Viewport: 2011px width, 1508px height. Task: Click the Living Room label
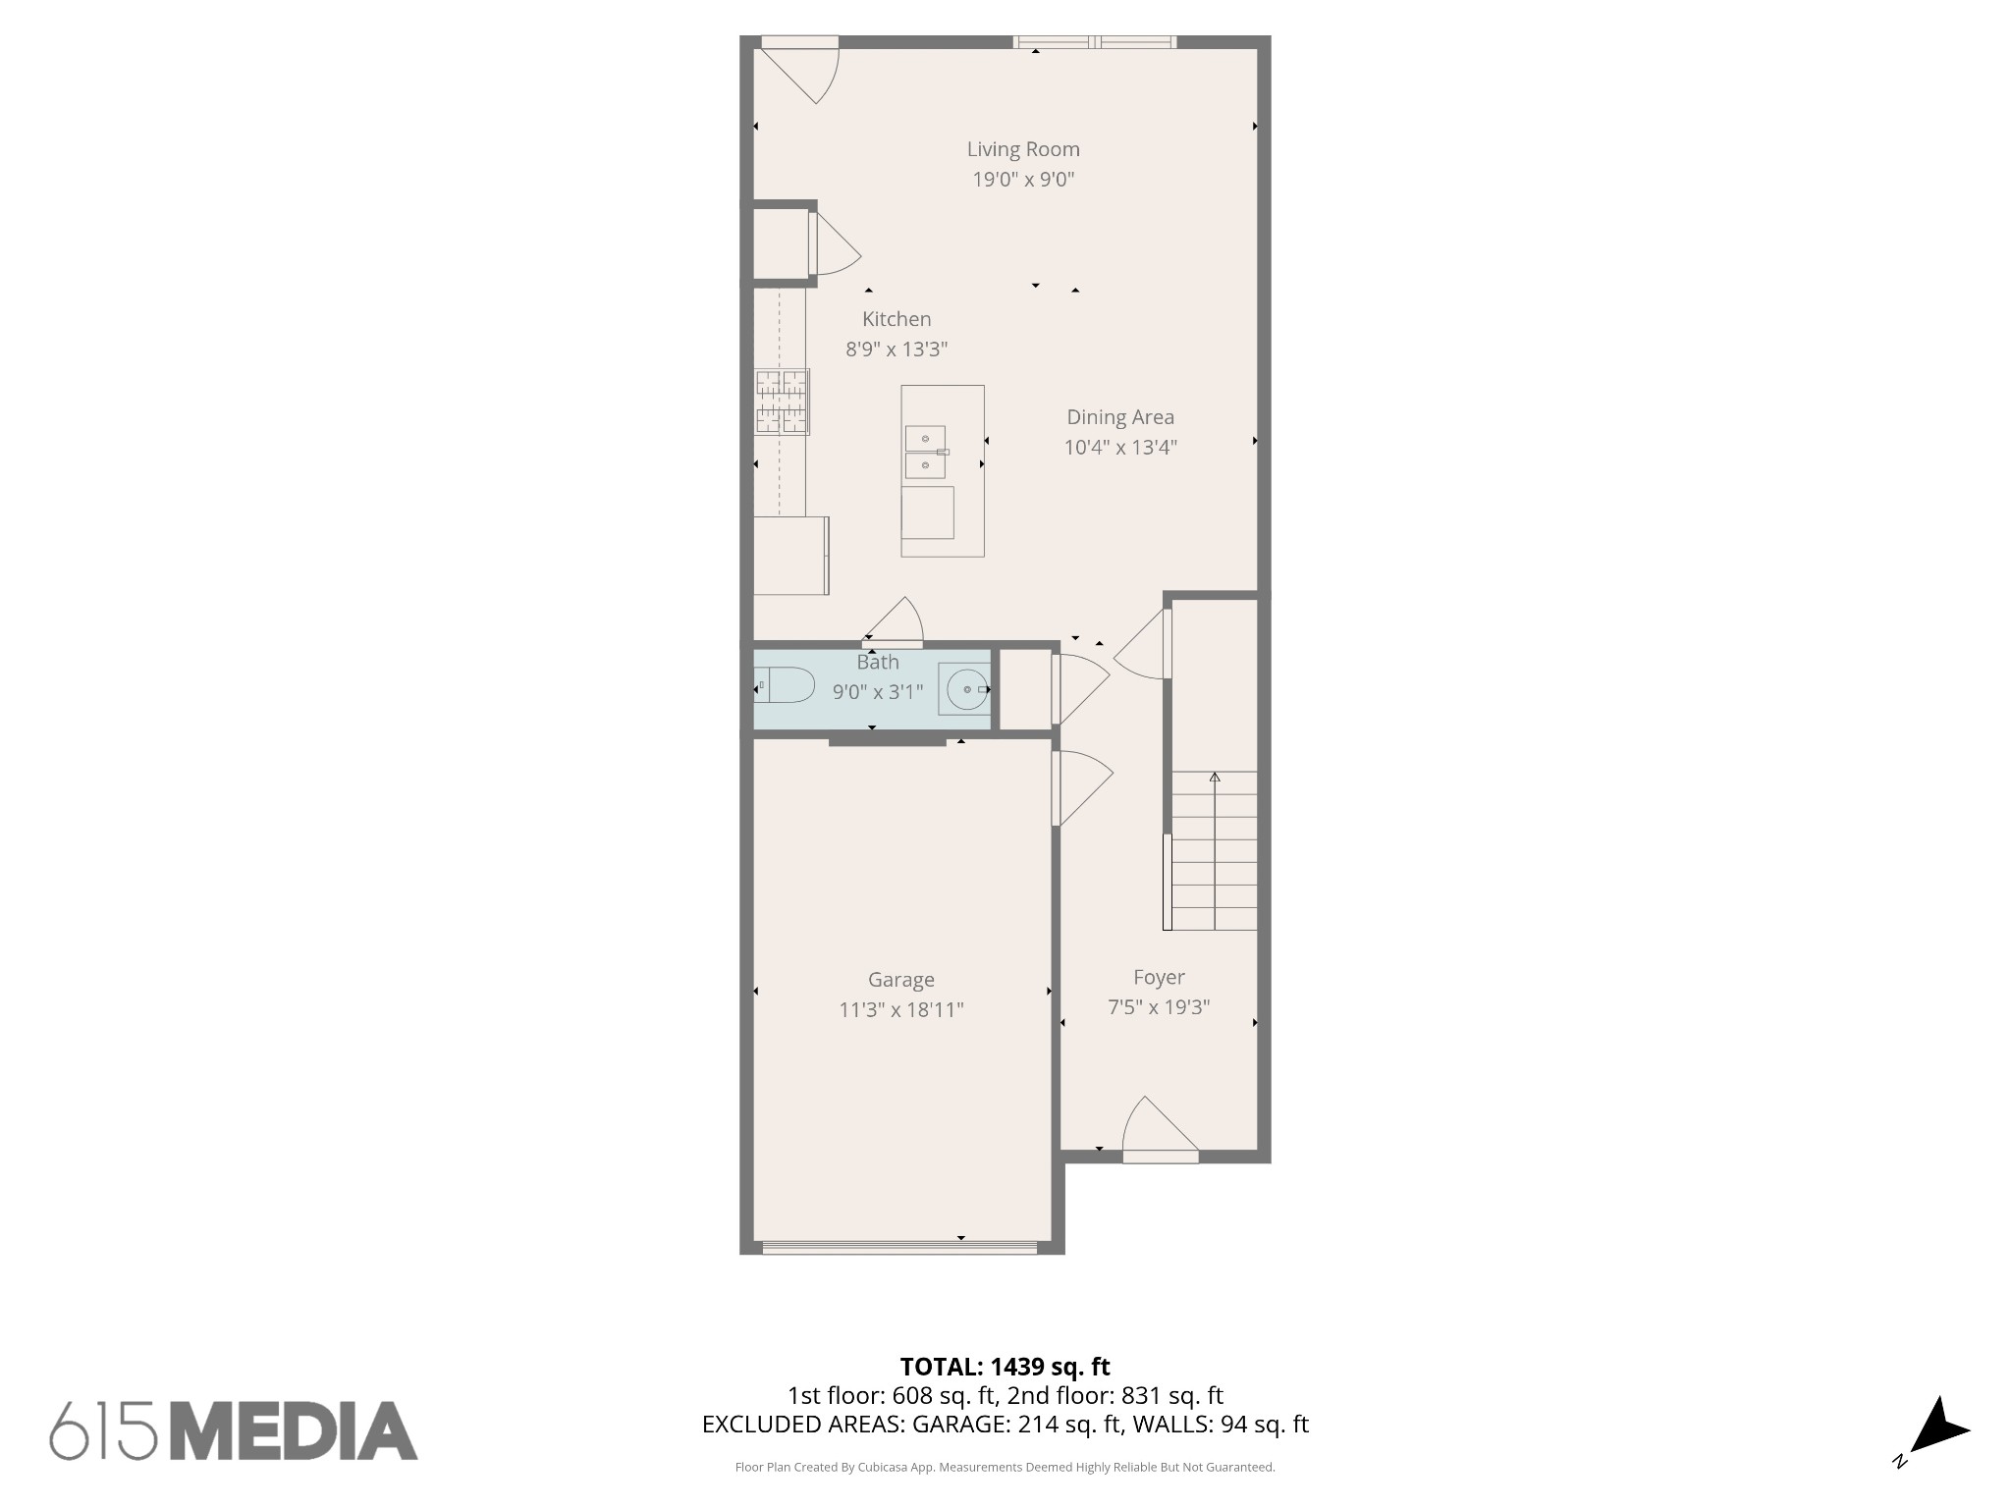[x=1023, y=149]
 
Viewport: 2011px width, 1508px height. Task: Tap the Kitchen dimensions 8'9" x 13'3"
[x=897, y=350]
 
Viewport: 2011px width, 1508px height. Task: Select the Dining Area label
[x=1120, y=417]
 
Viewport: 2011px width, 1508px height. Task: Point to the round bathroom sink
[x=967, y=689]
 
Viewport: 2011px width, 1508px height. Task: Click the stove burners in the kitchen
[x=783, y=402]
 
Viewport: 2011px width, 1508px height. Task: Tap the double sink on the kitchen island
[x=925, y=452]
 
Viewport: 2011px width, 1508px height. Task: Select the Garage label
[x=900, y=980]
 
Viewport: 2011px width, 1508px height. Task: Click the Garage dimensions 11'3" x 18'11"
[x=900, y=1010]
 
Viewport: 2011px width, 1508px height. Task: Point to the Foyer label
[x=1159, y=978]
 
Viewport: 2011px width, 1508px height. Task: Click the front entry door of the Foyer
[x=1161, y=1129]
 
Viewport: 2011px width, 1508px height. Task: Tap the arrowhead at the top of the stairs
[x=1215, y=777]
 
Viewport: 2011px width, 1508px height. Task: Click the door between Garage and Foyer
[x=1081, y=787]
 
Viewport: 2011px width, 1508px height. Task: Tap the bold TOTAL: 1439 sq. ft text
[x=1005, y=1367]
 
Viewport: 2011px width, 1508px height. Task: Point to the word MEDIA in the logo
[x=295, y=1430]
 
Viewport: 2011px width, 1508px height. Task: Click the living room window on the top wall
[x=1095, y=42]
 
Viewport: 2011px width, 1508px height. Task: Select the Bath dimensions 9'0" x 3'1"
[x=878, y=692]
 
